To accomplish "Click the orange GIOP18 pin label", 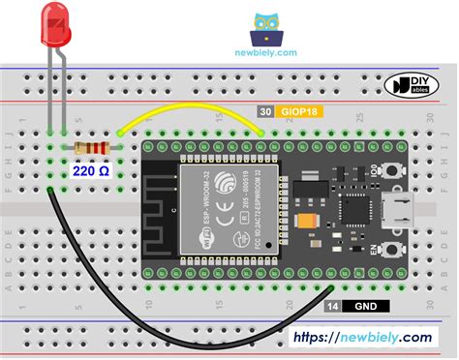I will pyautogui.click(x=300, y=113).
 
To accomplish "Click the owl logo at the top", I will pyautogui.click(x=266, y=29).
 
